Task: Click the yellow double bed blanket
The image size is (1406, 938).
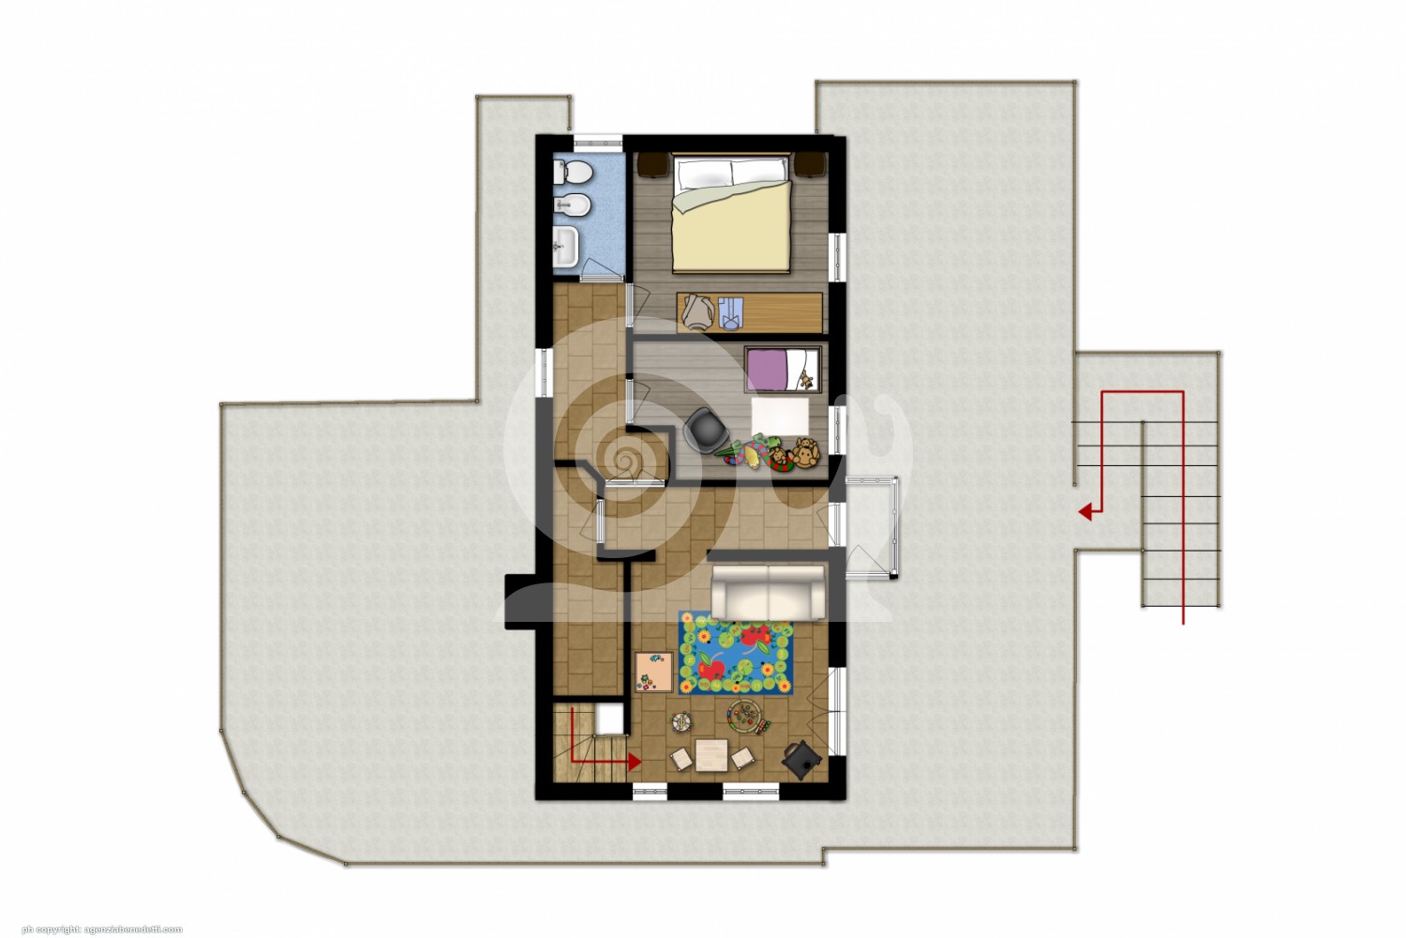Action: coord(730,225)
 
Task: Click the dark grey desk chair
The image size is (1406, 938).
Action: coord(706,429)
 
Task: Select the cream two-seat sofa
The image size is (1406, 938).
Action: coord(768,591)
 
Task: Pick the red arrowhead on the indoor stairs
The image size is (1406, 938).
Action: coord(634,762)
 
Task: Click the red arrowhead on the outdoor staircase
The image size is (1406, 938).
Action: coord(1084,512)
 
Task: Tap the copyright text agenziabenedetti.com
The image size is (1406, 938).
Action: coord(132,930)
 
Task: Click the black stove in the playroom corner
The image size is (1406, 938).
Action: coord(801,760)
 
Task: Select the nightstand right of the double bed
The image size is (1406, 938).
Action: coord(810,165)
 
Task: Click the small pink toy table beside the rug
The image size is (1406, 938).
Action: coord(654,673)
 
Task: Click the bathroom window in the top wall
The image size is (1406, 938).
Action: coord(598,142)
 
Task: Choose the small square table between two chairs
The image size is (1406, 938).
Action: coord(711,755)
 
